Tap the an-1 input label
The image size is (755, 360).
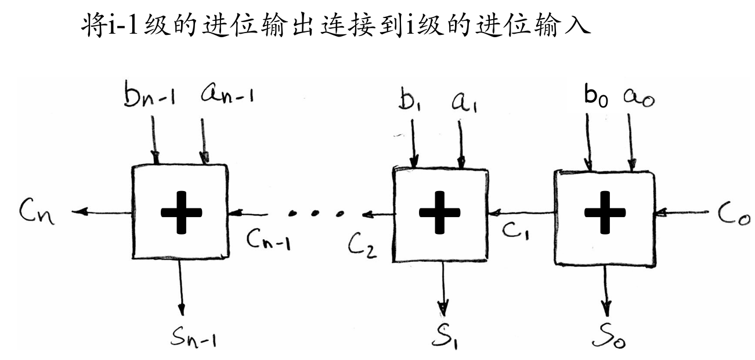point(227,92)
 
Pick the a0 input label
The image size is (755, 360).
point(639,98)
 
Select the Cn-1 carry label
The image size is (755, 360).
point(268,239)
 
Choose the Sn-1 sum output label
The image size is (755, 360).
point(193,337)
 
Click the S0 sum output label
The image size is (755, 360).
point(609,336)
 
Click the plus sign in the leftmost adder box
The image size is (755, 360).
point(181,212)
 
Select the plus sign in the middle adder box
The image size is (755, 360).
point(439,212)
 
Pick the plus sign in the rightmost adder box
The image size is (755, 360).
point(605,212)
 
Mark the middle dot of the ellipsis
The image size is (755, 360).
point(316,213)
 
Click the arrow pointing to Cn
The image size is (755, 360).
point(102,212)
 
